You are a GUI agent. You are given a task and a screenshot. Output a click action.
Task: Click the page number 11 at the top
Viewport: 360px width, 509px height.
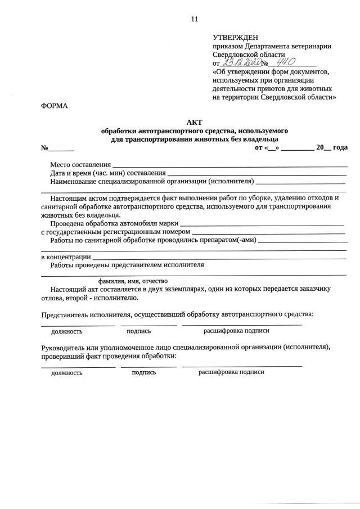(x=195, y=19)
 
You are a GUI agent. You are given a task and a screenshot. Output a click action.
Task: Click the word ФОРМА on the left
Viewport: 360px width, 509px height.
(x=54, y=106)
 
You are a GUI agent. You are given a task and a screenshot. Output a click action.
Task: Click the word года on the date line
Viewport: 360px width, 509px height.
(x=340, y=147)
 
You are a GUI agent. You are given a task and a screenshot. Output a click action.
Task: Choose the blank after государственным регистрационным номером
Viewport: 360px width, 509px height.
(x=269, y=232)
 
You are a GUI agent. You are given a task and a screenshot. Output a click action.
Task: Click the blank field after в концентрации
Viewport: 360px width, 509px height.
(x=219, y=257)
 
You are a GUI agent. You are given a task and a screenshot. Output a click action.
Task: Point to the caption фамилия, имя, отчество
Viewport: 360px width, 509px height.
(x=133, y=281)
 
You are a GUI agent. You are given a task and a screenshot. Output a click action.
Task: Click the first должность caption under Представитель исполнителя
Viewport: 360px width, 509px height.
(x=67, y=332)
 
